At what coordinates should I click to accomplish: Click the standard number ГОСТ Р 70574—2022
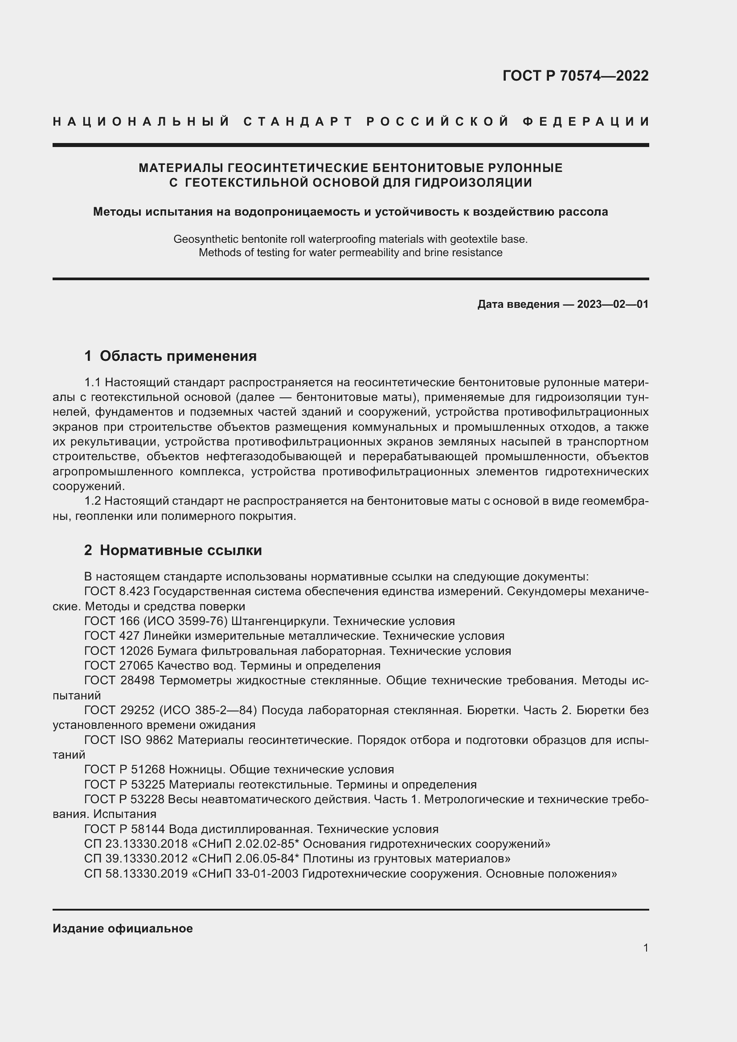(575, 76)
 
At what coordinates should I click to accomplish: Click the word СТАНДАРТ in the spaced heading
(298, 122)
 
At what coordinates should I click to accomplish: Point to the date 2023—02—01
(613, 304)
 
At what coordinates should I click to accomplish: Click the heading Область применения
(178, 356)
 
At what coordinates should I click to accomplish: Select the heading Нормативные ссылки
(180, 551)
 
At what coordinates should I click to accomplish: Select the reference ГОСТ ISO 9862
(128, 740)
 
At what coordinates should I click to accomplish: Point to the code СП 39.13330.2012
(136, 858)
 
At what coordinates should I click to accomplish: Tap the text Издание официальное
(123, 928)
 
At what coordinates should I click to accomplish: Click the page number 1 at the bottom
(645, 948)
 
